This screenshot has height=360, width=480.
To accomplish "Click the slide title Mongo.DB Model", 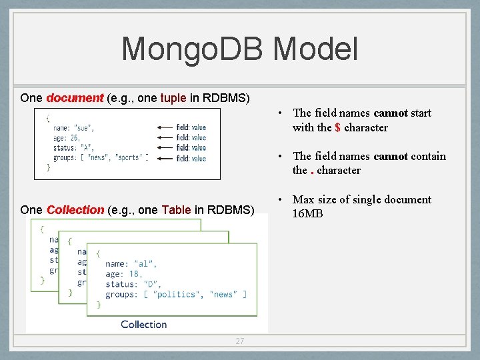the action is click(239, 49).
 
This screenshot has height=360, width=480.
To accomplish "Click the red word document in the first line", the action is click(75, 98).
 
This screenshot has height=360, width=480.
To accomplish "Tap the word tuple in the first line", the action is click(173, 98).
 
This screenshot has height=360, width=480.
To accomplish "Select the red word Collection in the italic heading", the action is click(75, 210).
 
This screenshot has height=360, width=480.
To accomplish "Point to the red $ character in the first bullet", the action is click(338, 127).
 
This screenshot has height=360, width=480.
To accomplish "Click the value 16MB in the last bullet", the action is click(308, 214).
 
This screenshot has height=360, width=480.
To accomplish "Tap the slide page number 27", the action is click(240, 341).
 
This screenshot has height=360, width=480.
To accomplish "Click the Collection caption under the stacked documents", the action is click(143, 325).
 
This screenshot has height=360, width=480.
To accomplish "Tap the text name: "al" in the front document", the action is click(127, 264).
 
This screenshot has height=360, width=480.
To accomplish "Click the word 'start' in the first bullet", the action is click(421, 113).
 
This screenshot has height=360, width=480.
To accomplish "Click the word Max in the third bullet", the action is click(303, 199).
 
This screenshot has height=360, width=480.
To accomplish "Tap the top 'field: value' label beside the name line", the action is click(191, 127).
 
